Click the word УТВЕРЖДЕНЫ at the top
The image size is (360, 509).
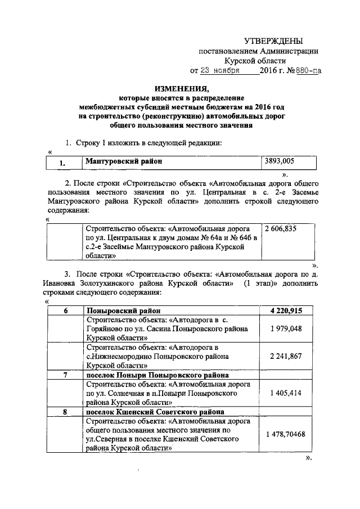(273, 41)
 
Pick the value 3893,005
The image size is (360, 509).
(280, 161)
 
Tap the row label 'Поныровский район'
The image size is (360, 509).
(123, 310)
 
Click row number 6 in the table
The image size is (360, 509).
(65, 310)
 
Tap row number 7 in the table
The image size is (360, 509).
(65, 375)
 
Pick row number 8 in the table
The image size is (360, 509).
(65, 412)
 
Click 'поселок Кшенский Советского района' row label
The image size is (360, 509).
(155, 412)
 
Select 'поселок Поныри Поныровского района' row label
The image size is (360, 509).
(156, 375)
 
